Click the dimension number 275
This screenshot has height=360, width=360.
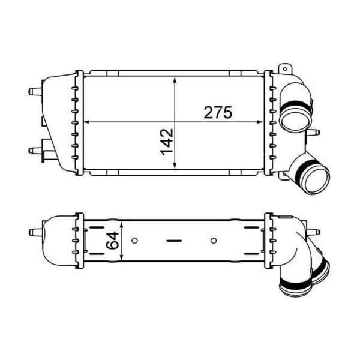coord(218,112)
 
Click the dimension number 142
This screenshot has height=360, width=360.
coord(167,142)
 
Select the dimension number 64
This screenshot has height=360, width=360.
coord(113,241)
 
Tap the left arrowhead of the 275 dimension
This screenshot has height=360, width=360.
coord(86,122)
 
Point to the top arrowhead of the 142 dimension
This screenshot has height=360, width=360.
coord(175,80)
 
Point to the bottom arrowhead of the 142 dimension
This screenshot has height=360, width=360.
coord(175,166)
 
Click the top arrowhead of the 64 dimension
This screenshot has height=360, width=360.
coord(122,224)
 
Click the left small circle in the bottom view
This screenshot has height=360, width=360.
coord(135,241)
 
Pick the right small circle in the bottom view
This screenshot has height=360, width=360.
coord(214,241)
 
